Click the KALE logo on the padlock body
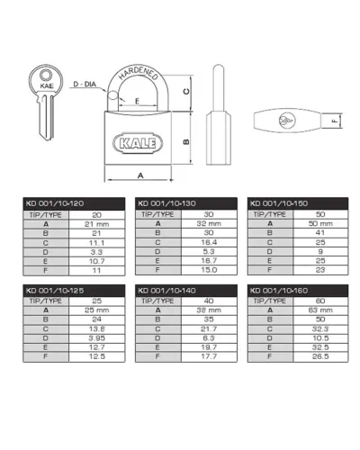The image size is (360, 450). coord(138,143)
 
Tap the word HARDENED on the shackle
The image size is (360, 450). coord(138,73)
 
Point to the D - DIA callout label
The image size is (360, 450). coord(85,84)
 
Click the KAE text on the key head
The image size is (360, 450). coord(47,85)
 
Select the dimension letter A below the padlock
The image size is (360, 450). coord(140,175)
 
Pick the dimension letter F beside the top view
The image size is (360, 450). coord(335,121)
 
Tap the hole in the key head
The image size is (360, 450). coord(46,75)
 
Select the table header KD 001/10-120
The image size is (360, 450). coord(55,203)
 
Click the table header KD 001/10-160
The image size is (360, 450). coord(279,291)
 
